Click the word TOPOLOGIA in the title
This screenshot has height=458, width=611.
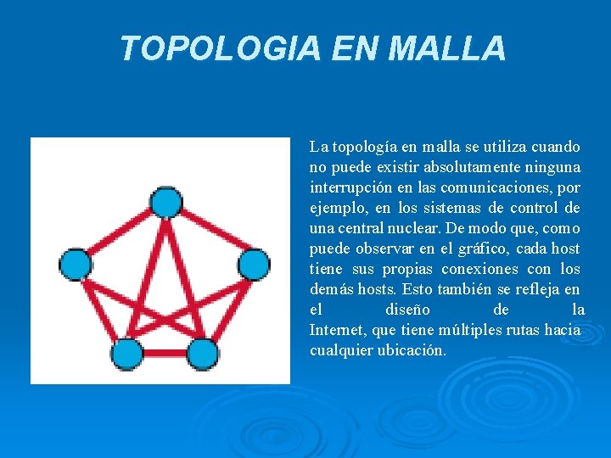pos(220,48)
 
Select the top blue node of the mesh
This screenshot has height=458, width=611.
pos(165,202)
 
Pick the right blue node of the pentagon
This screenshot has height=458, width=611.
pos(253,265)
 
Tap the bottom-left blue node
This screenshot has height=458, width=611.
pos(127,353)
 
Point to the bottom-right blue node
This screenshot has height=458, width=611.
pos(203,353)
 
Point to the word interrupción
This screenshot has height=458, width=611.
pos(349,187)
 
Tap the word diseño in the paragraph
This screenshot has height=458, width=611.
pos(407,310)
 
